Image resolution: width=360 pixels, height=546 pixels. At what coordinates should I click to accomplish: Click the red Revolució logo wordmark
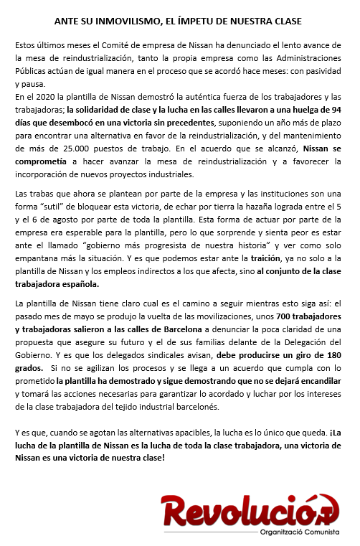(249, 512)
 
